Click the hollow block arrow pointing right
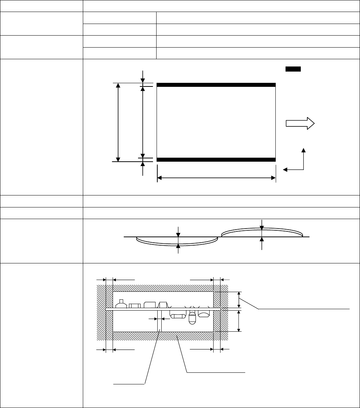click(300, 124)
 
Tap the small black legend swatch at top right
click(293, 69)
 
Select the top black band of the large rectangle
click(216, 85)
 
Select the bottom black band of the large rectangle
click(216, 159)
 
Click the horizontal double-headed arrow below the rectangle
click(216, 178)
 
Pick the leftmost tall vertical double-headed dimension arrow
click(118, 122)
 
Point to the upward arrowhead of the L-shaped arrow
click(304, 150)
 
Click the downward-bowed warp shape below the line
click(177, 241)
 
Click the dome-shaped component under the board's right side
click(203, 314)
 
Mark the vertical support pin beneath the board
click(159, 320)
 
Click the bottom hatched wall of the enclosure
click(163, 336)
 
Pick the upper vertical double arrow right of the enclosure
click(239, 300)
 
